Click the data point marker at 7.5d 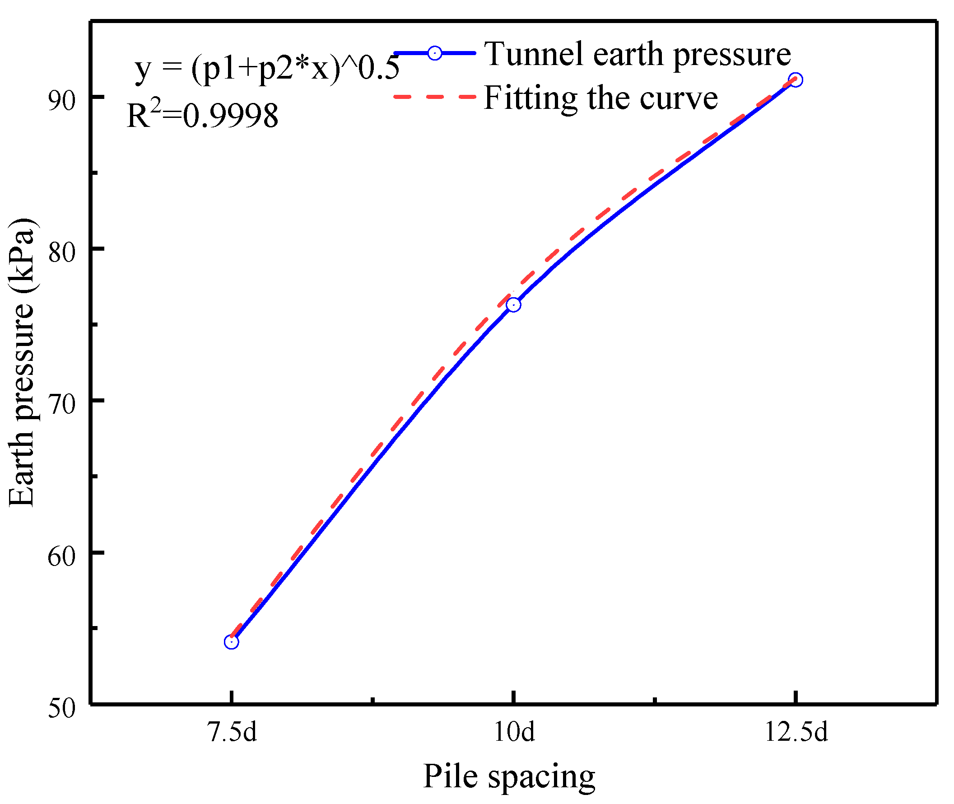232,642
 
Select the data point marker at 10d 513,304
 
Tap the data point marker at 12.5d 796,80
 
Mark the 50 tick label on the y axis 61,708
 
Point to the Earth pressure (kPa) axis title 22,362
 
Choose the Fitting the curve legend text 600,98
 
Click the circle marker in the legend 435,53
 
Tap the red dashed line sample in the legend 435,97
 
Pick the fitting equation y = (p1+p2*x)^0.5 267,69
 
